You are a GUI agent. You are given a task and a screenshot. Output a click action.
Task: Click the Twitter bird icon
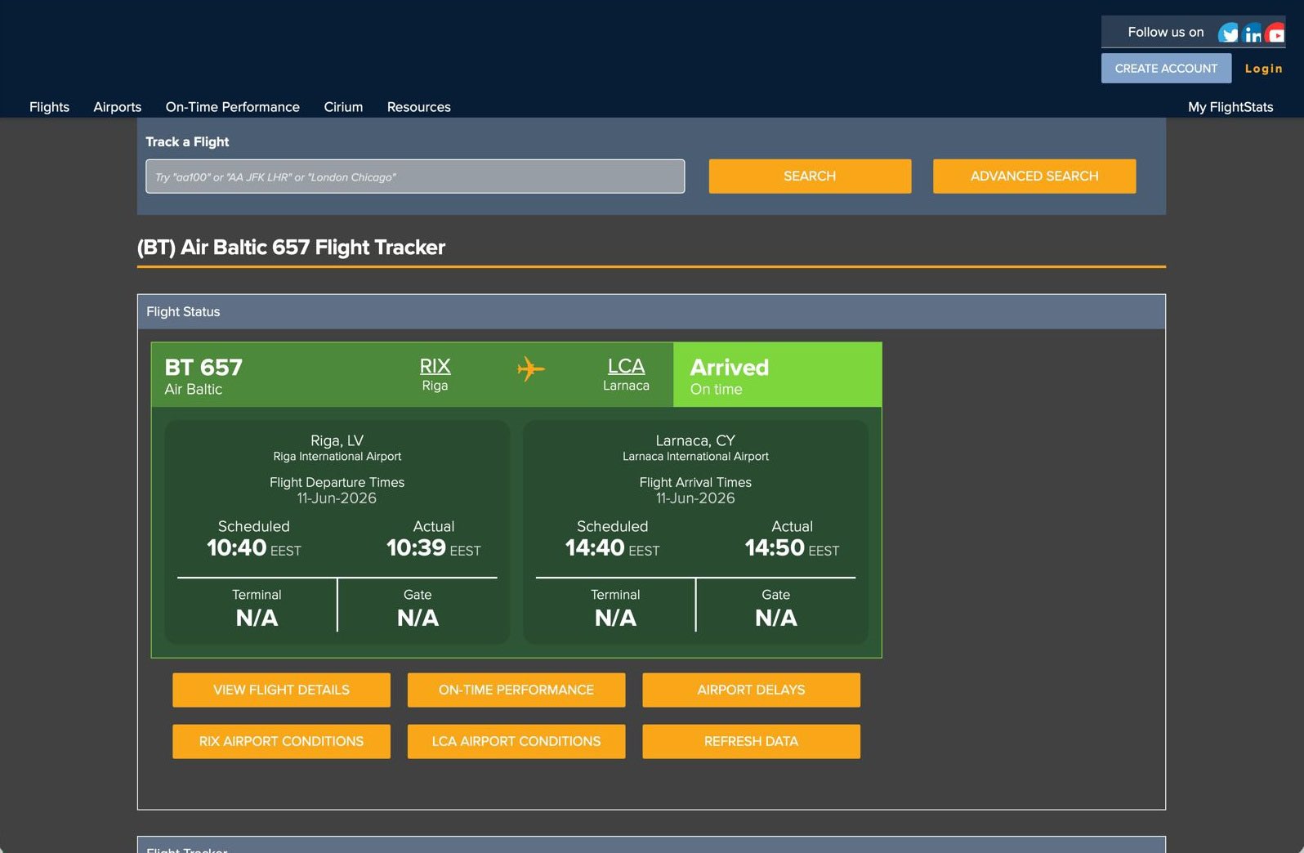coord(1228,33)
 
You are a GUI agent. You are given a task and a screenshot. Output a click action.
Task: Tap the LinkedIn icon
coord(1253,33)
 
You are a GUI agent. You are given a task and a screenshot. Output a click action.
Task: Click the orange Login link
coord(1263,69)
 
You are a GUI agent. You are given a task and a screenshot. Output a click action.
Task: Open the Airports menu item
coord(118,107)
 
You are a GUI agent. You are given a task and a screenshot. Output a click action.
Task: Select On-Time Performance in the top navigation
coord(232,107)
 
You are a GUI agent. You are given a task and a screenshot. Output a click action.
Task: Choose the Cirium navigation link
coord(343,107)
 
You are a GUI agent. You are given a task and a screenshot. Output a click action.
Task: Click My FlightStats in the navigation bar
coord(1230,107)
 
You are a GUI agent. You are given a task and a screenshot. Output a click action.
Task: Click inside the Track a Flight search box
coord(415,176)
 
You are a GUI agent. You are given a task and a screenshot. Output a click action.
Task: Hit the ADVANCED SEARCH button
coord(1034,176)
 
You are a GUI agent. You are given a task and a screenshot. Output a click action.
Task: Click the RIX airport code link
coord(435,366)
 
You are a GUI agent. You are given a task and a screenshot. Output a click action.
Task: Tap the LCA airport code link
coord(627,366)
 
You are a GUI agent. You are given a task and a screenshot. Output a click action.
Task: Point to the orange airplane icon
coord(531,369)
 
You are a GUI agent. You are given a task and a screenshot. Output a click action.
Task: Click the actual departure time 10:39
coord(416,548)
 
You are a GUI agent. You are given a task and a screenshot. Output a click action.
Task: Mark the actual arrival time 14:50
coord(775,548)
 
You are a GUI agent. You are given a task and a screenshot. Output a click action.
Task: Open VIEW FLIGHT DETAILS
coord(281,690)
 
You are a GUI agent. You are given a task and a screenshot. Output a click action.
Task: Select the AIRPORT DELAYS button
coord(751,690)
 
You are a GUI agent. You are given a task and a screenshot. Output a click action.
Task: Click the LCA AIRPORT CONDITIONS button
coord(516,741)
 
